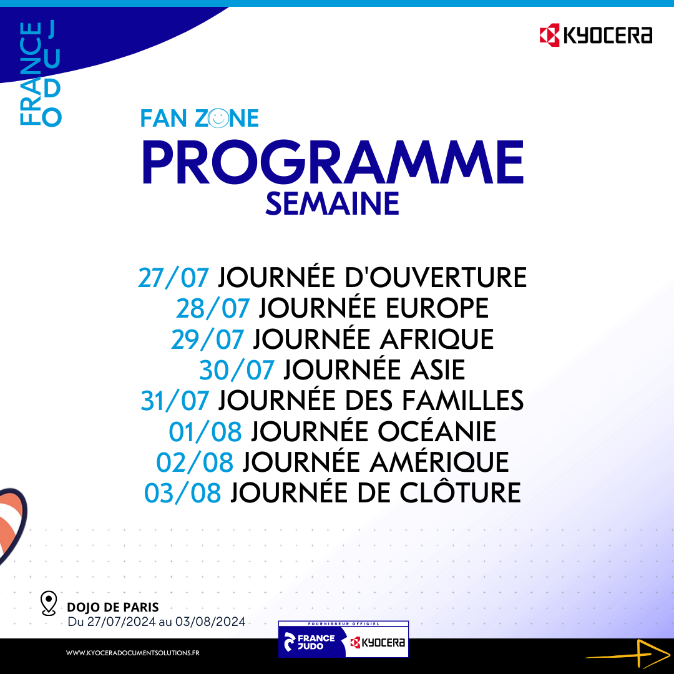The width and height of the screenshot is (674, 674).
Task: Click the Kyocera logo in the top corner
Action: tap(595, 35)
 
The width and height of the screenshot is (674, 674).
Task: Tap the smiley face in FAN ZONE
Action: tap(218, 118)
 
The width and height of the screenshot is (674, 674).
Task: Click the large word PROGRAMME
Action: tap(333, 162)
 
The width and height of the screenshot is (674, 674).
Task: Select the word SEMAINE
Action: tap(332, 203)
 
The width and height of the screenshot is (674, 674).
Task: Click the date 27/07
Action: tap(173, 278)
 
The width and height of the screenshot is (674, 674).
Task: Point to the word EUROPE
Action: tap(437, 309)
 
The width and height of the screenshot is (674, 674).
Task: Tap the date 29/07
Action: tap(207, 339)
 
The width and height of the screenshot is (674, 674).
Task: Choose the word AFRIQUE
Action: tap(436, 339)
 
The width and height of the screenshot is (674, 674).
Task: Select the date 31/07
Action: tap(175, 401)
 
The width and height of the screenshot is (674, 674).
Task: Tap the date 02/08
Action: tap(195, 462)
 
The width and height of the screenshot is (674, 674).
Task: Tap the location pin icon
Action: tap(48, 603)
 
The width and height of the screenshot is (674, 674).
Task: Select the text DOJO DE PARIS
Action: tap(113, 607)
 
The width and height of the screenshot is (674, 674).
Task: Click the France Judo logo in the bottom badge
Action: tap(310, 642)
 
